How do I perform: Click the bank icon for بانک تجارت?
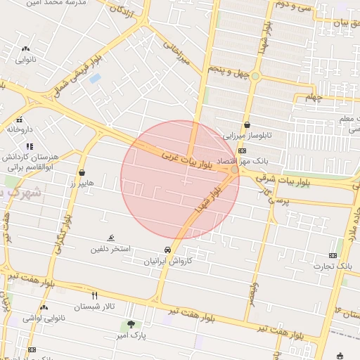(332, 255)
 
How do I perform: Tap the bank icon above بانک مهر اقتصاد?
(243, 150)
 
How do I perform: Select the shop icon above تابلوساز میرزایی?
(247, 125)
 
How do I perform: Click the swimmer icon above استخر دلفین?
(110, 238)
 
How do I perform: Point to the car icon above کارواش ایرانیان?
(167, 250)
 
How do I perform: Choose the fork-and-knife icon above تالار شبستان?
(94, 295)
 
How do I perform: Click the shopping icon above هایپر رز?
(82, 172)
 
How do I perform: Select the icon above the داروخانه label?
(20, 119)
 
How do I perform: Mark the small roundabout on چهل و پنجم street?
(256, 76)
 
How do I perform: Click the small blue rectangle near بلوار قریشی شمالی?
(95, 78)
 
